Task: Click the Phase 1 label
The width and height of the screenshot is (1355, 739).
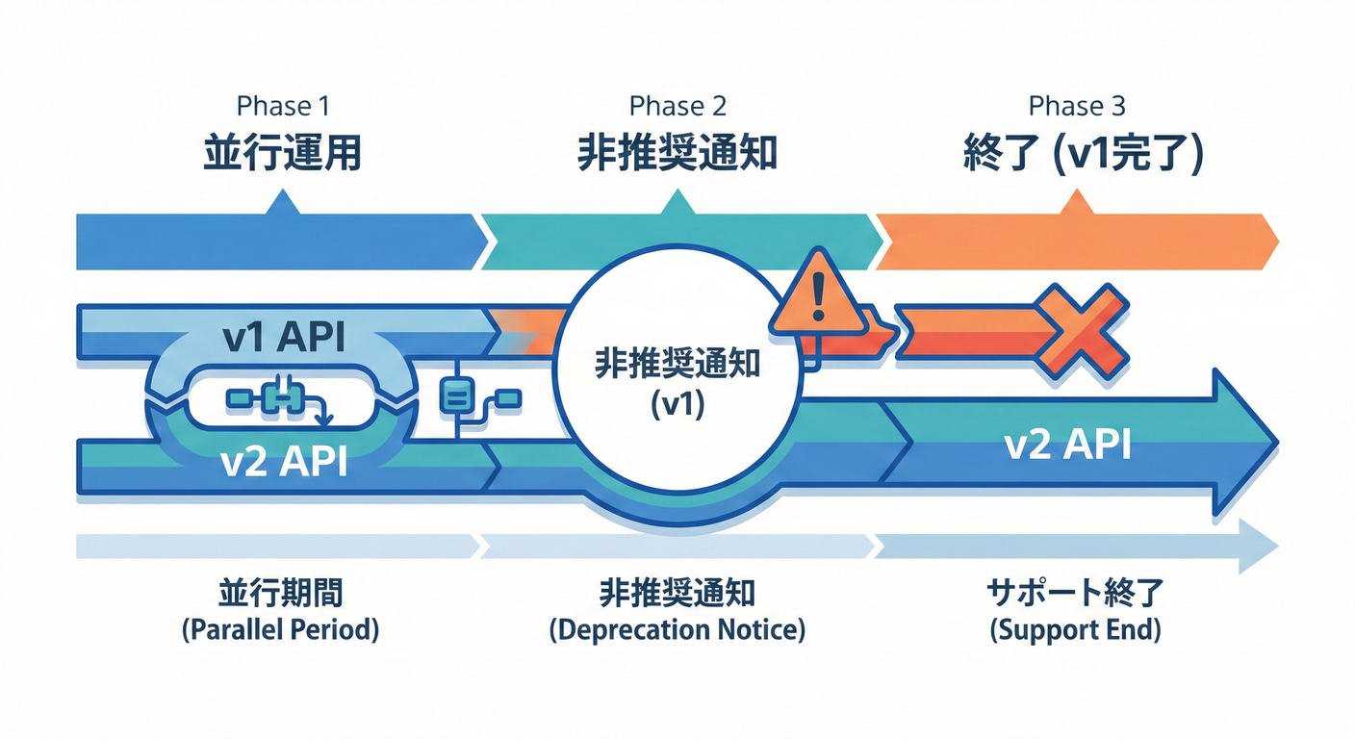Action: coord(283,105)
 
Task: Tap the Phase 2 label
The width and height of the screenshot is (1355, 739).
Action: coord(677,105)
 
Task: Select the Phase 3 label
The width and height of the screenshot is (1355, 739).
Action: coord(1077,105)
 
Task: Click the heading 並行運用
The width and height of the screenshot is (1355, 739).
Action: coord(282,153)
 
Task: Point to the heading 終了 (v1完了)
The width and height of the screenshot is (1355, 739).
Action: coord(1083,153)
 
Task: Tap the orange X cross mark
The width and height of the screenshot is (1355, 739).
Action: coord(1080,329)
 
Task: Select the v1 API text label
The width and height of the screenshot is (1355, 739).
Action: coord(282,339)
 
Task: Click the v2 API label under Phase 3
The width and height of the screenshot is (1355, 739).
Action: coord(1067,446)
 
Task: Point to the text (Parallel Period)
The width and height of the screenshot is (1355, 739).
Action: coord(280,631)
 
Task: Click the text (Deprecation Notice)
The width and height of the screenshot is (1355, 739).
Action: coord(677,631)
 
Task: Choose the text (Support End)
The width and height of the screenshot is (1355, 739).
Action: coord(1075,631)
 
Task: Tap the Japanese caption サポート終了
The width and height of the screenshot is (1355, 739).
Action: coord(1075,594)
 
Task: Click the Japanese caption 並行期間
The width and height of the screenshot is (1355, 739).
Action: coord(280,594)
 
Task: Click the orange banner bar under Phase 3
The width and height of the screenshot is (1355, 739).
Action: coord(1073,242)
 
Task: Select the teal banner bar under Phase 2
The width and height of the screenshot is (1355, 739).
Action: coord(677,242)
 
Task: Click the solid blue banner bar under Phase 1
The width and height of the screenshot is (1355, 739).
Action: coord(279,242)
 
